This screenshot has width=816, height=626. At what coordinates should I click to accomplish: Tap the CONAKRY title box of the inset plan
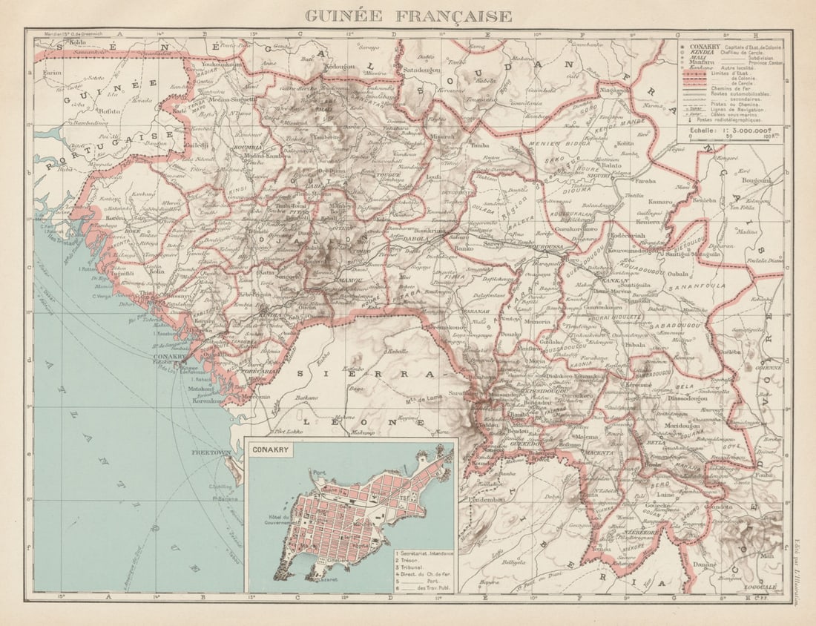coord(272,449)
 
